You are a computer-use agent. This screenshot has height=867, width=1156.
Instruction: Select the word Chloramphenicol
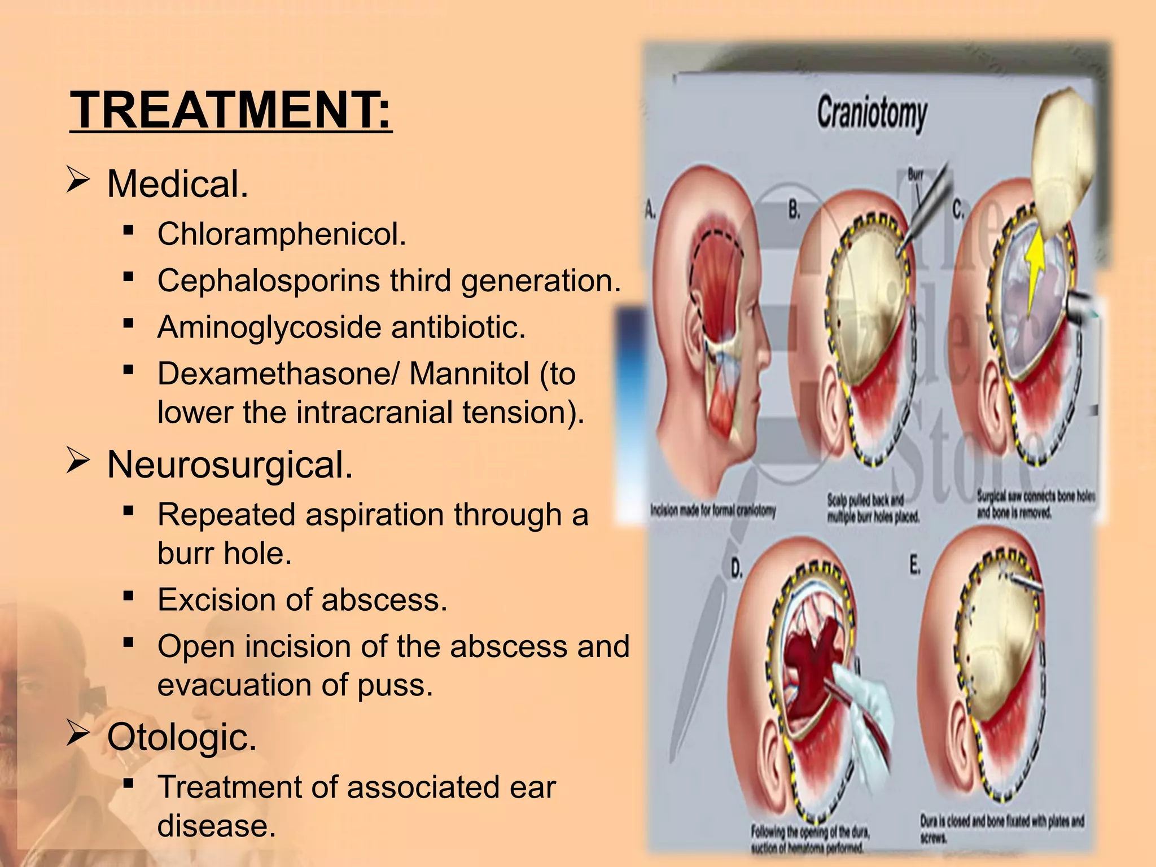pos(281,234)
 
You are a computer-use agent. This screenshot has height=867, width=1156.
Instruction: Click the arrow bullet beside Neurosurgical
pos(78,461)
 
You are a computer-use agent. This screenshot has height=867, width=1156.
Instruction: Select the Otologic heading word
pos(182,737)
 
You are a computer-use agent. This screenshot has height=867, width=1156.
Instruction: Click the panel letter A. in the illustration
pos(650,211)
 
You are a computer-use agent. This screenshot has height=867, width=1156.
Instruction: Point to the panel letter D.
pos(737,569)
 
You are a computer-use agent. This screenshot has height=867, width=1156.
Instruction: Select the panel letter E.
pos(915,564)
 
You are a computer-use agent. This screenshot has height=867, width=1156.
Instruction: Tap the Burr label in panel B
pos(915,175)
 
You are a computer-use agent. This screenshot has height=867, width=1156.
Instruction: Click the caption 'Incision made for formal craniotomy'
pos(713,511)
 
